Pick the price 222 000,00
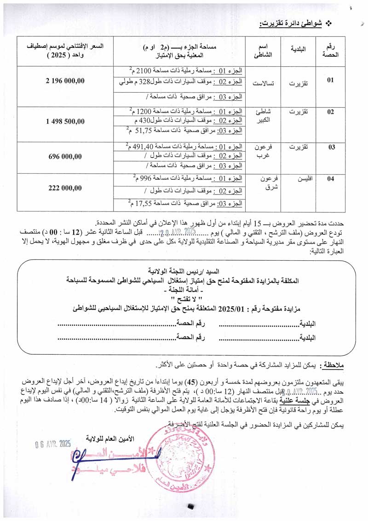pos(65,187)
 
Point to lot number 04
pos(330,179)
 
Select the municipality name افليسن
pos(302,179)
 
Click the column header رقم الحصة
pos(330,50)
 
